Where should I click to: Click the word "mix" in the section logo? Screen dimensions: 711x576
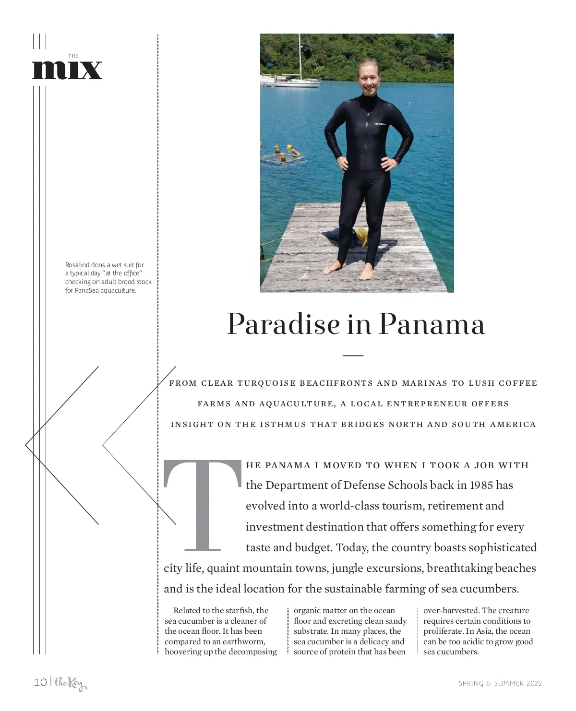[x=67, y=70]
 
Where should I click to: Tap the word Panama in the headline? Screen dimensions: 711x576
[x=432, y=324]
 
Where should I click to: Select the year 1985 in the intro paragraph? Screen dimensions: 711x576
[x=480, y=485]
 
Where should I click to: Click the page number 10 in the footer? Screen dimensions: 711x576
[x=40, y=682]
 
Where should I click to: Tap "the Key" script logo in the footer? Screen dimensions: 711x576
[x=70, y=683]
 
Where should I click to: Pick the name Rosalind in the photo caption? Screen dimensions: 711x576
[x=77, y=265]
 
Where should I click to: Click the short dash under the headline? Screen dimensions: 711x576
[x=353, y=355]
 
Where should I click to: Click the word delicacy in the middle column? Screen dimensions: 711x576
[x=373, y=641]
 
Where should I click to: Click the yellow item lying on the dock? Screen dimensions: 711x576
[x=361, y=236]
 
